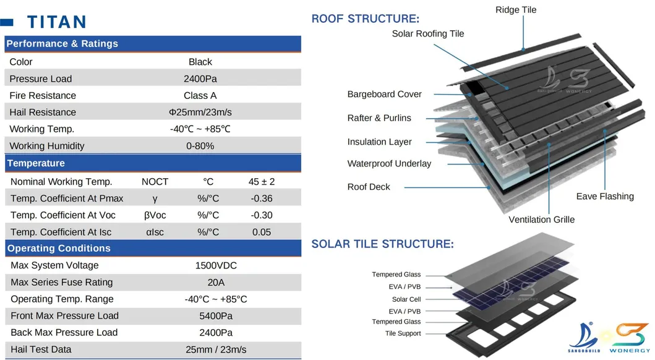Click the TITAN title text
57,22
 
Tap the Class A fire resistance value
200,96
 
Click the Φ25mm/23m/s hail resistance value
200,113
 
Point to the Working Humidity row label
47,146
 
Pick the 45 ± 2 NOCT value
262,182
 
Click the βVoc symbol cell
155,215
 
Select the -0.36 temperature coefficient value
262,199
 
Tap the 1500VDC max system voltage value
216,265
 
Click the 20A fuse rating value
216,282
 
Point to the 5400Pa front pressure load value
216,315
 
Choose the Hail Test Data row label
41,349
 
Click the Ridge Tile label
516,10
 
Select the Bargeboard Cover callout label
384,95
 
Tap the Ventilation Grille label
541,220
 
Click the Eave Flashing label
605,196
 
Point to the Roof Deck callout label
369,187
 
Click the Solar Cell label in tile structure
406,299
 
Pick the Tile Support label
403,333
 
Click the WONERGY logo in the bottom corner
630,338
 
